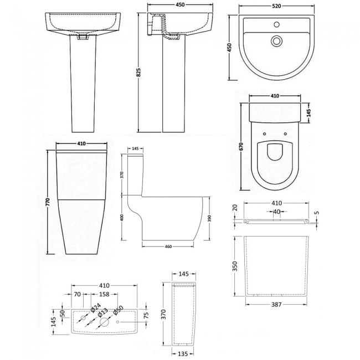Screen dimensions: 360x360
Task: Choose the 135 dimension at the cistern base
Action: (183, 353)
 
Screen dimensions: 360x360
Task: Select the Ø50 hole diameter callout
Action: (119, 311)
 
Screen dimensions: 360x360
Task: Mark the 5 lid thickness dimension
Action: (316, 211)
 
